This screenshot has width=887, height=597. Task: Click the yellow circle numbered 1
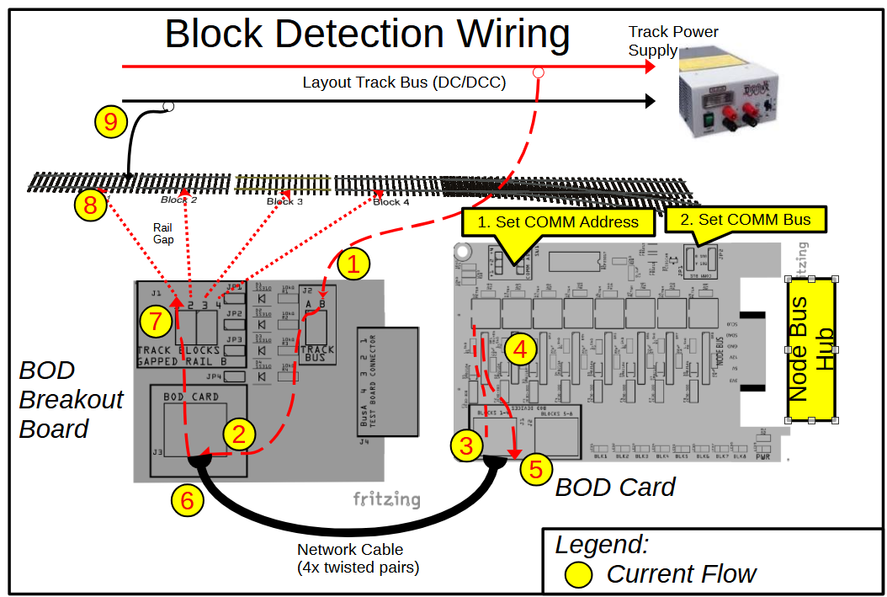353,264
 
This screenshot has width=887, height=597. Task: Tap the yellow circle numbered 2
240,434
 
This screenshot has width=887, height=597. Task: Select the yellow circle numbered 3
467,445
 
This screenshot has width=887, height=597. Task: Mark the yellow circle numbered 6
187,500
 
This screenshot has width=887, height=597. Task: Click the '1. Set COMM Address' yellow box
558,222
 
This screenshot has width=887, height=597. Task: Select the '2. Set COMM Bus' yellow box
746,220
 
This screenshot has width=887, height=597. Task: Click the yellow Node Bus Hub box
812,349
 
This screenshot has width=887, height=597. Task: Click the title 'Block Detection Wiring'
367,34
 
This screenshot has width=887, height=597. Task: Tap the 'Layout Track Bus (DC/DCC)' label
404,83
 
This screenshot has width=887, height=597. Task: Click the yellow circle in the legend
578,574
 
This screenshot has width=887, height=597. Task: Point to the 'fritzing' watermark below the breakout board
386,499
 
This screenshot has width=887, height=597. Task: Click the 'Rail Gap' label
163,233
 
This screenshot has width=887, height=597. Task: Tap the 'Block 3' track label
284,201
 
